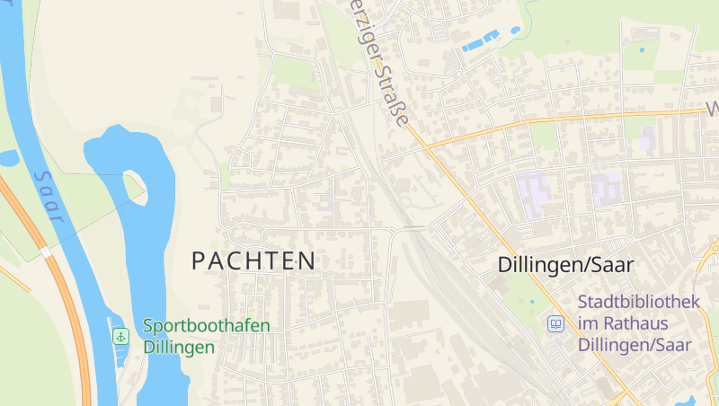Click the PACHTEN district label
(x=253, y=261)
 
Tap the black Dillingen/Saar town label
(x=566, y=265)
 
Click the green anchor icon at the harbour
(x=120, y=336)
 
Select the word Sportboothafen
(x=206, y=325)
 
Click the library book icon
(x=556, y=323)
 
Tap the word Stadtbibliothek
(x=638, y=303)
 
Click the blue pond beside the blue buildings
(x=515, y=30)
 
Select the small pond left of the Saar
(x=8, y=159)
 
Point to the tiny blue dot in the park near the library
(x=531, y=301)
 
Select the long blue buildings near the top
(x=480, y=40)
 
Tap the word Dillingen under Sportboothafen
(x=179, y=347)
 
